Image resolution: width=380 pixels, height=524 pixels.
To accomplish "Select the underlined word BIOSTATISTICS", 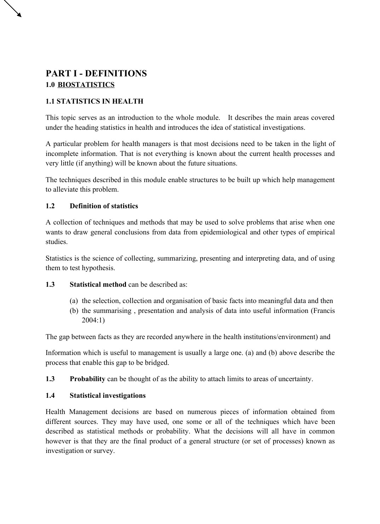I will coord(86,85).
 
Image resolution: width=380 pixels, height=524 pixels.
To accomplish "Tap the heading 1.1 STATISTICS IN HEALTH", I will coord(94,101).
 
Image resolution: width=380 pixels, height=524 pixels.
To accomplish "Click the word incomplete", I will coord(58,154).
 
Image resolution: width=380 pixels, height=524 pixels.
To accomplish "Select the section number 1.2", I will coord(50,206).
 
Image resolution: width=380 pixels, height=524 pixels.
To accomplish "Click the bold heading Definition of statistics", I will coord(104,206).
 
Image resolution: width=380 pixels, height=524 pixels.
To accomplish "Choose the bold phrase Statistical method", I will coord(98,285).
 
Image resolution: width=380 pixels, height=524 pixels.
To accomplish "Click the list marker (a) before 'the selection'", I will coord(74,301).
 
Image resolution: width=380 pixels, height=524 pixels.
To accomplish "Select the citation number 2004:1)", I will coord(93,320).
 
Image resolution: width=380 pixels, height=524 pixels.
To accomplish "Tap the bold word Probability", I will coord(87,379).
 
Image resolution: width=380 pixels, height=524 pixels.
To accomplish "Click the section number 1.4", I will coord(50,396).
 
